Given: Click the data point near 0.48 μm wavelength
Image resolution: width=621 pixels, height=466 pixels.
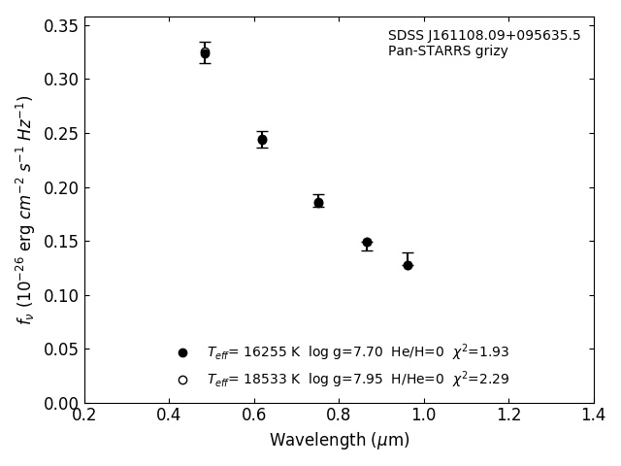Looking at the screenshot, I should point(205,53).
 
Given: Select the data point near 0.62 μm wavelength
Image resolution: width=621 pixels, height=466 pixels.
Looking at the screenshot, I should point(262,140).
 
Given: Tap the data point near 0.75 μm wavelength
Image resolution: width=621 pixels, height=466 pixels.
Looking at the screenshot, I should point(318,202).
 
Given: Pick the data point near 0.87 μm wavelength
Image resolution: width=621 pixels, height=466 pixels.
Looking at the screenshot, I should point(367,243).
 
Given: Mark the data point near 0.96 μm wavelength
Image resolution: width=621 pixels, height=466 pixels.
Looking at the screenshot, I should point(408,264).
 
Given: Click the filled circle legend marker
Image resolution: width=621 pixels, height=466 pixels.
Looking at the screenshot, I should point(182,353).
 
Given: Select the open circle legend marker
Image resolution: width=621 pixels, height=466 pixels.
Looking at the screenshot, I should point(182,380).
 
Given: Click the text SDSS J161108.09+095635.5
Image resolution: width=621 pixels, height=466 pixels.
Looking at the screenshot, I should point(484,36).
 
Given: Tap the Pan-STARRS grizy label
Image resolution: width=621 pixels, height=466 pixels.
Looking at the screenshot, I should point(447,51).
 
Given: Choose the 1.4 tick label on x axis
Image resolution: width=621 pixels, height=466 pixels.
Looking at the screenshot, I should point(593,416).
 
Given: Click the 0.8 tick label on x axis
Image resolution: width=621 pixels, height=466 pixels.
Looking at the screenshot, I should point(339,416).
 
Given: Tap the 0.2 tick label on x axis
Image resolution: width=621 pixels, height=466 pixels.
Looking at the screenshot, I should point(84,416).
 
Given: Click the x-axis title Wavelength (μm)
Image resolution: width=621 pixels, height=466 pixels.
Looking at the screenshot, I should point(339,441).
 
